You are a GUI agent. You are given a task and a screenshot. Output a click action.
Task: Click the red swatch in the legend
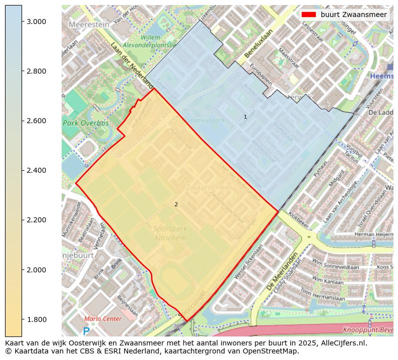[x=309, y=15]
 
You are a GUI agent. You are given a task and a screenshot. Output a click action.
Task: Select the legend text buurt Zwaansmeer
[x=353, y=15]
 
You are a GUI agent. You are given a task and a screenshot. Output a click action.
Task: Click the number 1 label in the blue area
[x=245, y=117]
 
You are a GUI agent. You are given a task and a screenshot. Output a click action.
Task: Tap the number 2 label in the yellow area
[x=176, y=204]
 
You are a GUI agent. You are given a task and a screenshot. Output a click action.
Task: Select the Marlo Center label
[x=103, y=319]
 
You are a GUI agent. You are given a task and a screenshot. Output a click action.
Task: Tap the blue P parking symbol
[x=86, y=331]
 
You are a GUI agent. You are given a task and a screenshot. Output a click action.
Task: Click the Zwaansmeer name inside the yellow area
[x=209, y=187]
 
